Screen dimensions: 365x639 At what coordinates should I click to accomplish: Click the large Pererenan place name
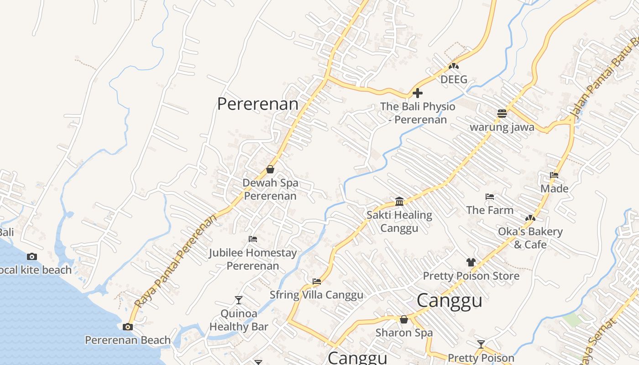pyautogui.click(x=258, y=104)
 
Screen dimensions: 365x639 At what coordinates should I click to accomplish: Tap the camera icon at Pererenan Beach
pyautogui.click(x=128, y=327)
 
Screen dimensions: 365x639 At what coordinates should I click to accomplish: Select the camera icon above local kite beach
pyautogui.click(x=32, y=256)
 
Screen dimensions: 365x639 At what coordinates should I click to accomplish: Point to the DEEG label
pyautogui.click(x=454, y=79)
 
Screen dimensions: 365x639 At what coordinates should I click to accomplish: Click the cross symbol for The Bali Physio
pyautogui.click(x=417, y=94)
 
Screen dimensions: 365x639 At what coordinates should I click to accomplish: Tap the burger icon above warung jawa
pyautogui.click(x=502, y=114)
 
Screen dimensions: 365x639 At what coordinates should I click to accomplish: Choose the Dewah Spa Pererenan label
pyautogui.click(x=270, y=189)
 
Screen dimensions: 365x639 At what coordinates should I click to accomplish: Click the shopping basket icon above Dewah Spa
pyautogui.click(x=270, y=170)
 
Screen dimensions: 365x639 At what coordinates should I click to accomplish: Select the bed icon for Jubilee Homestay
pyautogui.click(x=253, y=239)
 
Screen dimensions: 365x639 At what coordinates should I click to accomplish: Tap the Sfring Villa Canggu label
pyautogui.click(x=316, y=295)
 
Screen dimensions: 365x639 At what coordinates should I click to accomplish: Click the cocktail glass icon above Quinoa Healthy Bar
pyautogui.click(x=239, y=300)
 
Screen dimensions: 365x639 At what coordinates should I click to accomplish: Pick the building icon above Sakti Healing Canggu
pyautogui.click(x=399, y=201)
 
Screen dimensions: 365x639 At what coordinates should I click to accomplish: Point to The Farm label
pyautogui.click(x=490, y=210)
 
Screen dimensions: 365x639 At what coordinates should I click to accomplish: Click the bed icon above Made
pyautogui.click(x=554, y=175)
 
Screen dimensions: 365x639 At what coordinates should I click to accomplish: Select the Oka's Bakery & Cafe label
pyautogui.click(x=530, y=238)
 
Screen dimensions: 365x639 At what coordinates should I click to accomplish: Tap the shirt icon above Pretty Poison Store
pyautogui.click(x=471, y=262)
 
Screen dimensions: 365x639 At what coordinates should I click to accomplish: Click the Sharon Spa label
pyautogui.click(x=404, y=333)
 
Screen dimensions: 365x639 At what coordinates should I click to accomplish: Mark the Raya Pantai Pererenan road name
pyautogui.click(x=176, y=261)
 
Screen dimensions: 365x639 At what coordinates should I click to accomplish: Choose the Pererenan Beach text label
pyautogui.click(x=128, y=340)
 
